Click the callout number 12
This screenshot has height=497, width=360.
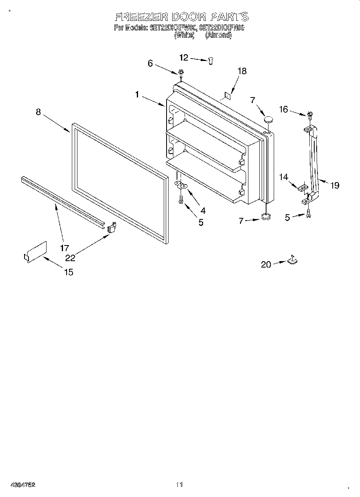(183, 58)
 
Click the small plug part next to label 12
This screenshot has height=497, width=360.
(210, 60)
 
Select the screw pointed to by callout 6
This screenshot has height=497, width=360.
(181, 72)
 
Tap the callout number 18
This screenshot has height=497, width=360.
(242, 71)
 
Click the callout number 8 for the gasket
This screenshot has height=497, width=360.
(38, 112)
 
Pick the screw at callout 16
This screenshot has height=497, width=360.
(310, 115)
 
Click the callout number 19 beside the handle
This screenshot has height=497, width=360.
(334, 185)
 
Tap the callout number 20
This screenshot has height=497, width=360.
(266, 264)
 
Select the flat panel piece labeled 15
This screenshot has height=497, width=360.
(35, 253)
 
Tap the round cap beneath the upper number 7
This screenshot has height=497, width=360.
(268, 119)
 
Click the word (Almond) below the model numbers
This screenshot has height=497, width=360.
(219, 35)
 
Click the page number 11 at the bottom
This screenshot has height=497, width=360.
(179, 485)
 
